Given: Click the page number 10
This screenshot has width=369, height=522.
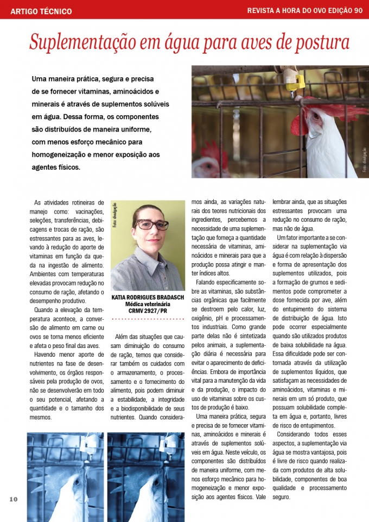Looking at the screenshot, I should pyautogui.click(x=14, y=500).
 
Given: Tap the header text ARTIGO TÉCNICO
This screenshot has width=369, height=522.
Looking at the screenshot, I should pyautogui.click(x=41, y=11).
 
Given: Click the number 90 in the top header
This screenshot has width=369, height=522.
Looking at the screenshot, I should pyautogui.click(x=358, y=10).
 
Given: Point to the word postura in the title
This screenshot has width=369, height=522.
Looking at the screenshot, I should pyautogui.click(x=319, y=42).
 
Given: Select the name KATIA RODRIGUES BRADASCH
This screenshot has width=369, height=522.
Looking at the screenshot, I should pyautogui.click(x=147, y=298).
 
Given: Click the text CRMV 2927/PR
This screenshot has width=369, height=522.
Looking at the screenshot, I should pyautogui.click(x=148, y=310).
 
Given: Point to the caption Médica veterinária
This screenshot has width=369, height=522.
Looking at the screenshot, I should pyautogui.click(x=148, y=304).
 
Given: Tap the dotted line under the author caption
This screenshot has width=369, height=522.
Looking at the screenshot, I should pyautogui.click(x=148, y=319).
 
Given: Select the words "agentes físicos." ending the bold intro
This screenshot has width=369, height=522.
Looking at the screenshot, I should pyautogui.click(x=56, y=167).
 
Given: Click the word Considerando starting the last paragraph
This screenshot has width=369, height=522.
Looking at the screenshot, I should pyautogui.click(x=297, y=434).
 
